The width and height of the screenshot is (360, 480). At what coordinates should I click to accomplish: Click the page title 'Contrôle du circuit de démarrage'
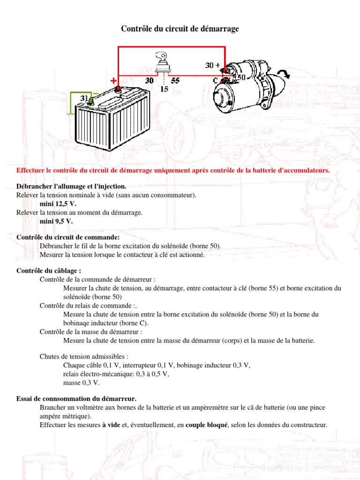(x=180, y=29)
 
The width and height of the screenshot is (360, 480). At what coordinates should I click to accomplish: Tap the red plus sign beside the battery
(x=113, y=81)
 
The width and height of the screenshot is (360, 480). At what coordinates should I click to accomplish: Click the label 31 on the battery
(x=84, y=98)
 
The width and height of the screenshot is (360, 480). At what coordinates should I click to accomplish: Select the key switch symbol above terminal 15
(x=164, y=63)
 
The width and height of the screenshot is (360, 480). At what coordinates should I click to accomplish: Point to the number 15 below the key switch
(x=164, y=89)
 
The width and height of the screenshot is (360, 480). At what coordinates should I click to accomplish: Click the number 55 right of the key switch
(x=175, y=81)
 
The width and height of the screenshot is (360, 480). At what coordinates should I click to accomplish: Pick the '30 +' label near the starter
(x=212, y=65)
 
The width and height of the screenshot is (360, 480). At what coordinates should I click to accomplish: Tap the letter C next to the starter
(x=216, y=80)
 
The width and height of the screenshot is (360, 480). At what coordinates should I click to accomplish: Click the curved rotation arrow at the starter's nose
(x=282, y=73)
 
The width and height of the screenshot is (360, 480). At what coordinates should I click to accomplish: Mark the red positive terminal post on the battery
(x=118, y=89)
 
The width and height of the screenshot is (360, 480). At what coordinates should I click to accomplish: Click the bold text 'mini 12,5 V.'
(x=58, y=204)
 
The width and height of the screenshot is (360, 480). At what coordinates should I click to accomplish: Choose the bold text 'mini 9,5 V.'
(x=56, y=221)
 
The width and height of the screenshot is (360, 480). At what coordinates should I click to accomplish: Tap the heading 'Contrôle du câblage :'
(x=49, y=271)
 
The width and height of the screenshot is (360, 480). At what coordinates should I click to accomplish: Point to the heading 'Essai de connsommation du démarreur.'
(x=76, y=398)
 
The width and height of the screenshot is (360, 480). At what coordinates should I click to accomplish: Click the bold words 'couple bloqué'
(x=206, y=425)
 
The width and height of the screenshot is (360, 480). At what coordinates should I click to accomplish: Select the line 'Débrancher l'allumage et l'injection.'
(x=71, y=187)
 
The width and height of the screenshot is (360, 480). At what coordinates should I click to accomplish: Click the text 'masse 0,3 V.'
(x=81, y=382)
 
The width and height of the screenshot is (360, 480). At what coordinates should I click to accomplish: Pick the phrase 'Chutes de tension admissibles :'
(x=84, y=357)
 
